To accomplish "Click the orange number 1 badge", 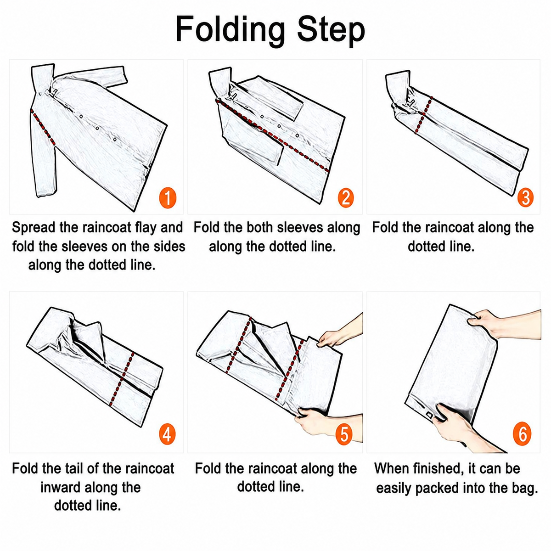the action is pyautogui.click(x=168, y=198).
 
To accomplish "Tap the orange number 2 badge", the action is pyautogui.click(x=346, y=198).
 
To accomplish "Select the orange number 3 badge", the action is pyautogui.click(x=525, y=198).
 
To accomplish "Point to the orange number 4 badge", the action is pyautogui.click(x=167, y=435).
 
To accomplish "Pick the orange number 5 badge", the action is pyautogui.click(x=344, y=435).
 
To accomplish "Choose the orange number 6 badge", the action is pyautogui.click(x=522, y=435).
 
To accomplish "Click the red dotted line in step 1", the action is pyautogui.click(x=43, y=126).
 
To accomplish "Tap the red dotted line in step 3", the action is pyautogui.click(x=423, y=115).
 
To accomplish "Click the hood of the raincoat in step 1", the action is pyautogui.click(x=43, y=79).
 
